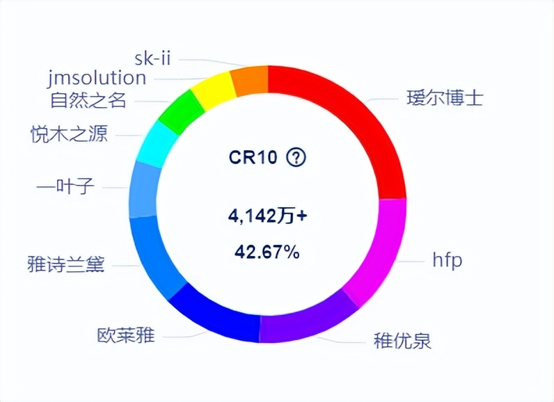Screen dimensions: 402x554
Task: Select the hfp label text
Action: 447,261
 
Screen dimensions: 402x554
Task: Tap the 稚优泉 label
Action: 402,342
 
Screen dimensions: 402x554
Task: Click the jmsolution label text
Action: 97,77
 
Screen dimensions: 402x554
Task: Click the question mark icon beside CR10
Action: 296,158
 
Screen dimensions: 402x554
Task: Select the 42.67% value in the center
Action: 267,252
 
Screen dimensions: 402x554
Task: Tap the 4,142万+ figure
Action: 267,216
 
